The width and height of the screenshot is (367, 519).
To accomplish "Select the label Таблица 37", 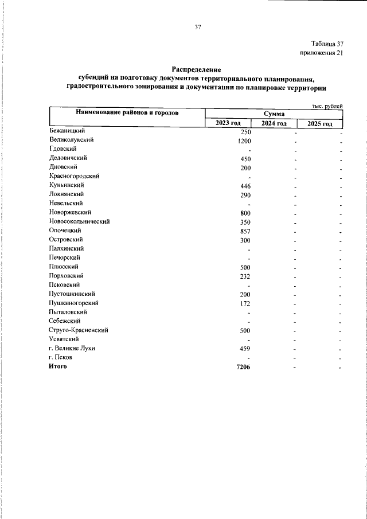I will (327, 44).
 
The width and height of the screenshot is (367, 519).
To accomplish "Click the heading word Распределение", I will (197, 69).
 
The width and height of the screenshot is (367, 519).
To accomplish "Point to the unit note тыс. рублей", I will (327, 106).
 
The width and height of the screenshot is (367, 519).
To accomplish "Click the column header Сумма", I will (274, 114).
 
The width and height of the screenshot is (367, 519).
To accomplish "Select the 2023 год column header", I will (228, 124).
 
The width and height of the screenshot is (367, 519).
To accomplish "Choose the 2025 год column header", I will (319, 124).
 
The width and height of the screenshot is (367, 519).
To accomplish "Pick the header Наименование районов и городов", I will (127, 113).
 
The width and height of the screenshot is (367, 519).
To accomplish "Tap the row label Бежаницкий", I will (68, 131).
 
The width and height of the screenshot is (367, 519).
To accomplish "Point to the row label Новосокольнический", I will (79, 221).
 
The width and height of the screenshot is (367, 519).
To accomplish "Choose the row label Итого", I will (58, 366).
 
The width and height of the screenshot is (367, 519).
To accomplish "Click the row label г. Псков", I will (61, 357).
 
